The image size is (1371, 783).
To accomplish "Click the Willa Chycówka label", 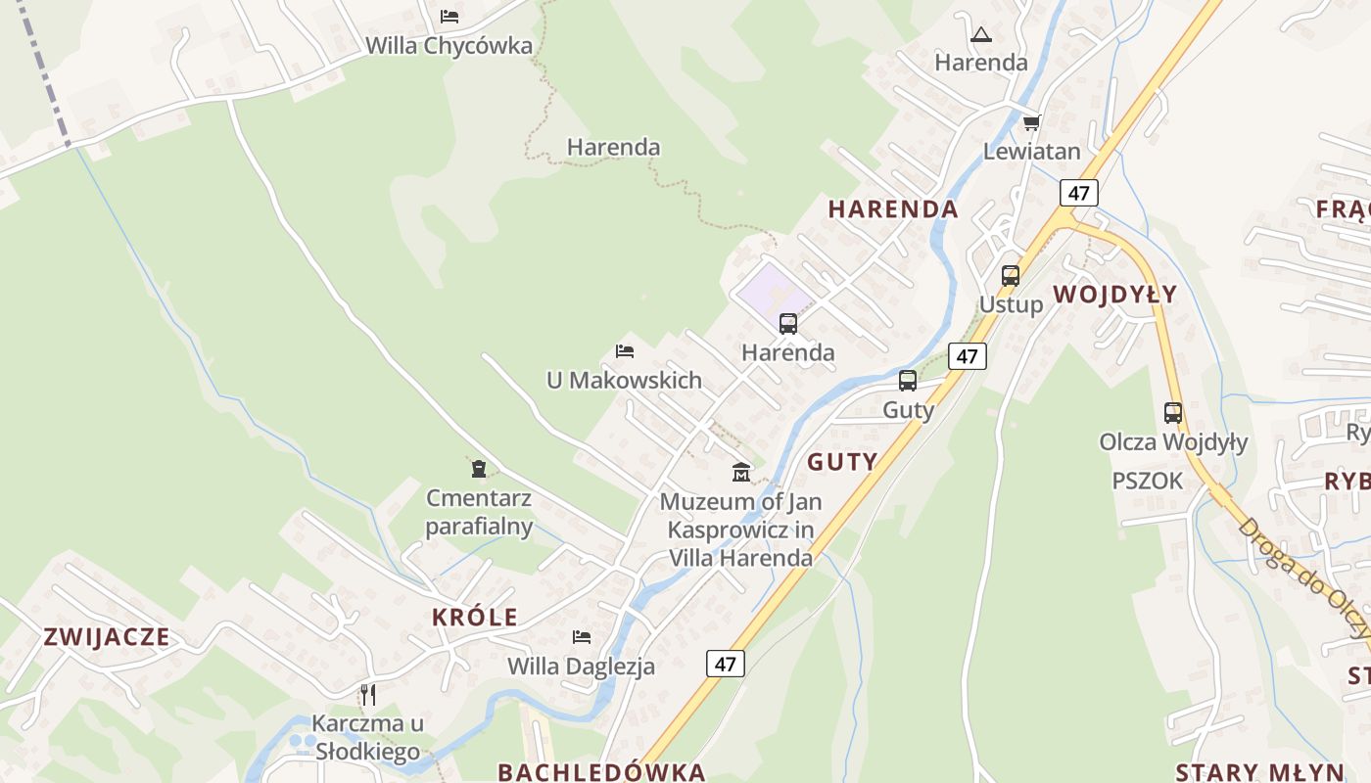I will point(449,45).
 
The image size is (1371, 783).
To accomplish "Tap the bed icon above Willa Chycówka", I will point(449,16).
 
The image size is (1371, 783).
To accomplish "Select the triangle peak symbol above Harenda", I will point(980,35).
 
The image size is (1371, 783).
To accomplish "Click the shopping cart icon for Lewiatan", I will point(1031,123).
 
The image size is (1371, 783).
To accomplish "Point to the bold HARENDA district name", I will point(893,208).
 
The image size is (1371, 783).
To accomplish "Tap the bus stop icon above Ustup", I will point(1011,276).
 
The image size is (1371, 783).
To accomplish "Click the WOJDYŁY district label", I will point(1115,295).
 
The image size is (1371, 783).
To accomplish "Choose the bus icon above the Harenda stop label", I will point(788,323).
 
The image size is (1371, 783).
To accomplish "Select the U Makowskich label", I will point(624,380).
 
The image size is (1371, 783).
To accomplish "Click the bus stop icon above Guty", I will point(908,381).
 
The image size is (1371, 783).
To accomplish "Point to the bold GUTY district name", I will point(842,462).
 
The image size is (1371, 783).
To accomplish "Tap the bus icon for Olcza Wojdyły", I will point(1173,413).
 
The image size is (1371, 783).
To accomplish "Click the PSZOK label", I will point(1148,481).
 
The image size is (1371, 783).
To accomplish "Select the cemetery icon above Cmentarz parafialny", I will point(478,469).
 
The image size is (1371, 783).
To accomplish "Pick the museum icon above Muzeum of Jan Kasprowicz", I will point(741,473).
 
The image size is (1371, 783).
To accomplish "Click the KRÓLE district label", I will point(475,618).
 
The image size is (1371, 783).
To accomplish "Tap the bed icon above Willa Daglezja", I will point(582,637).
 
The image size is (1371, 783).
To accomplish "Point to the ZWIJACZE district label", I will point(107,637).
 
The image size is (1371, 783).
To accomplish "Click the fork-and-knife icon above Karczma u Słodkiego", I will point(368,695).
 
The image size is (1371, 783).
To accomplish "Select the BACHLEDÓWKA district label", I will point(601,771).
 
